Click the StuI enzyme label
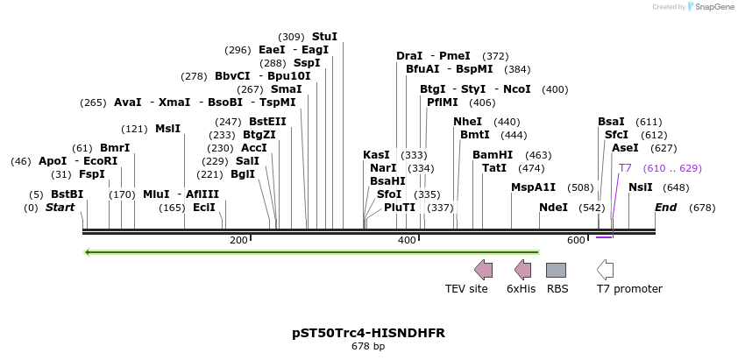tap(324, 37)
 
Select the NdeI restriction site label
tap(553, 208)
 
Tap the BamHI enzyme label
tap(493, 155)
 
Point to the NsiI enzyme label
tap(641, 187)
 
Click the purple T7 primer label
tap(625, 168)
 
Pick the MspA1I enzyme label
tap(534, 187)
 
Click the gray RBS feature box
tap(557, 270)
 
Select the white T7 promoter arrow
tap(605, 270)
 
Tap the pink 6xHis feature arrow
tap(522, 270)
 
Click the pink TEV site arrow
tap(483, 270)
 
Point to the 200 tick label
tap(238, 240)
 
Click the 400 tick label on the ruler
tap(407, 240)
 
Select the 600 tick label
tap(576, 240)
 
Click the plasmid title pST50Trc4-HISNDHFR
tap(368, 334)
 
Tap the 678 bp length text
tap(368, 347)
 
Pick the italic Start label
tap(60, 208)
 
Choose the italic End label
tap(666, 208)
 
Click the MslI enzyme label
tap(167, 129)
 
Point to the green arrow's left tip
tap(86, 252)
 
